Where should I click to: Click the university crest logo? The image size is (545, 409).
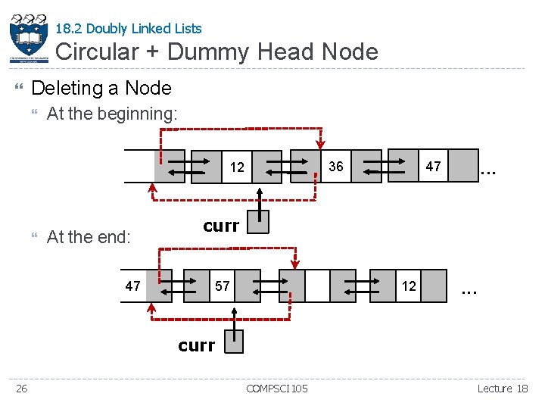tap(29, 37)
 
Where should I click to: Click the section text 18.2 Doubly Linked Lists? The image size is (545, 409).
tap(129, 29)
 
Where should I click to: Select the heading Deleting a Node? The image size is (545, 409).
tap(101, 88)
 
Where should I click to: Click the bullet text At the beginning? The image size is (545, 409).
tap(112, 114)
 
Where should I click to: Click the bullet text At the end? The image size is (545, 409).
tap(89, 237)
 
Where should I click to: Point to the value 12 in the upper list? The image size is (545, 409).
tap(237, 167)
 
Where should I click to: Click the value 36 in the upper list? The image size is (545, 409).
tap(335, 166)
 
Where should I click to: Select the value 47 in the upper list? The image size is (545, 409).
tap(433, 166)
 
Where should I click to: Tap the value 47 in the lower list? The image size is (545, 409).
tap(133, 286)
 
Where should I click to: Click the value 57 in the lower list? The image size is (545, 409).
tap(222, 286)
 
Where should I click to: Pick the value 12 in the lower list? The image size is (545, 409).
tap(409, 286)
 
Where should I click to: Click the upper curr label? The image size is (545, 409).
tap(221, 225)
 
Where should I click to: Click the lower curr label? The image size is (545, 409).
tap(196, 345)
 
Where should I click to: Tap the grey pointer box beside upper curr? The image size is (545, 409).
tap(258, 222)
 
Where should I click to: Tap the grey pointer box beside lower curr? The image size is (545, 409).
tap(234, 342)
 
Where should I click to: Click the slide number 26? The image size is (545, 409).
tap(23, 389)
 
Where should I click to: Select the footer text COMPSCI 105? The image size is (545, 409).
tap(277, 389)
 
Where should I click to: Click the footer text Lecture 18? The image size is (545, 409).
tap(502, 389)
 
